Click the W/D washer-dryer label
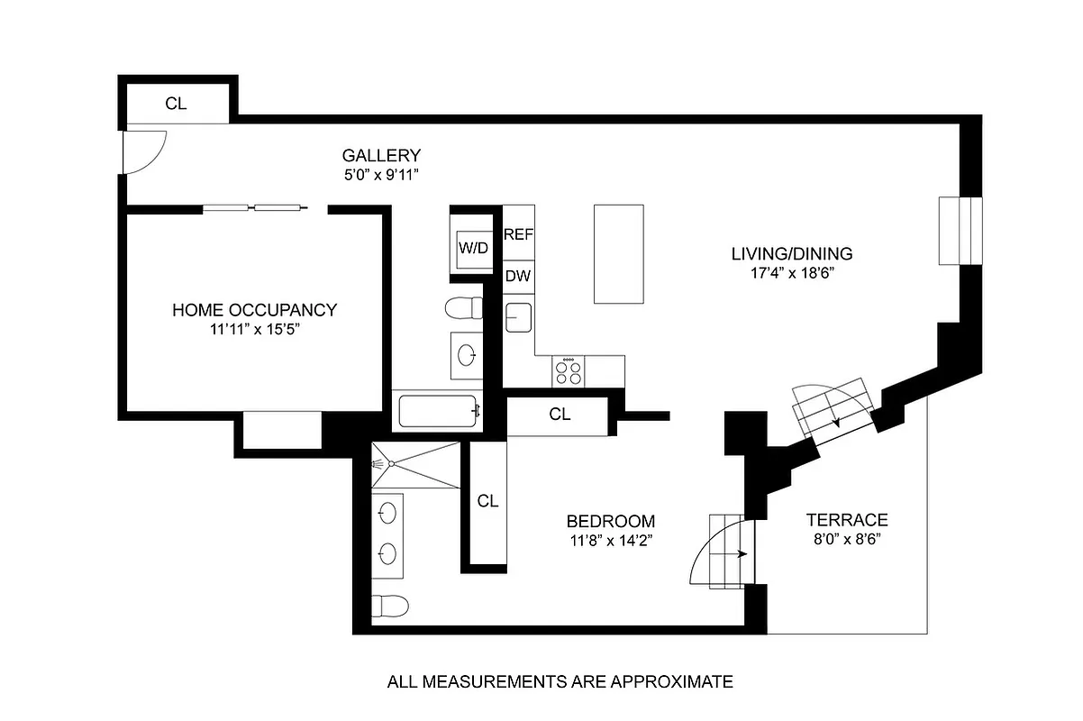point(473,247)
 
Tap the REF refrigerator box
point(518,234)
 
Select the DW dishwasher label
point(517,276)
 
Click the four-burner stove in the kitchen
point(569,370)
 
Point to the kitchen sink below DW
point(517,317)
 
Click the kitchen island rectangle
point(618,253)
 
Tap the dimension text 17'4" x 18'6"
point(792,273)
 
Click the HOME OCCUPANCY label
point(254,310)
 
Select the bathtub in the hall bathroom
point(438,412)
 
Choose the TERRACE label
point(846,520)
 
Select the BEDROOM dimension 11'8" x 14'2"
point(610,541)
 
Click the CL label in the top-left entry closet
point(176,104)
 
